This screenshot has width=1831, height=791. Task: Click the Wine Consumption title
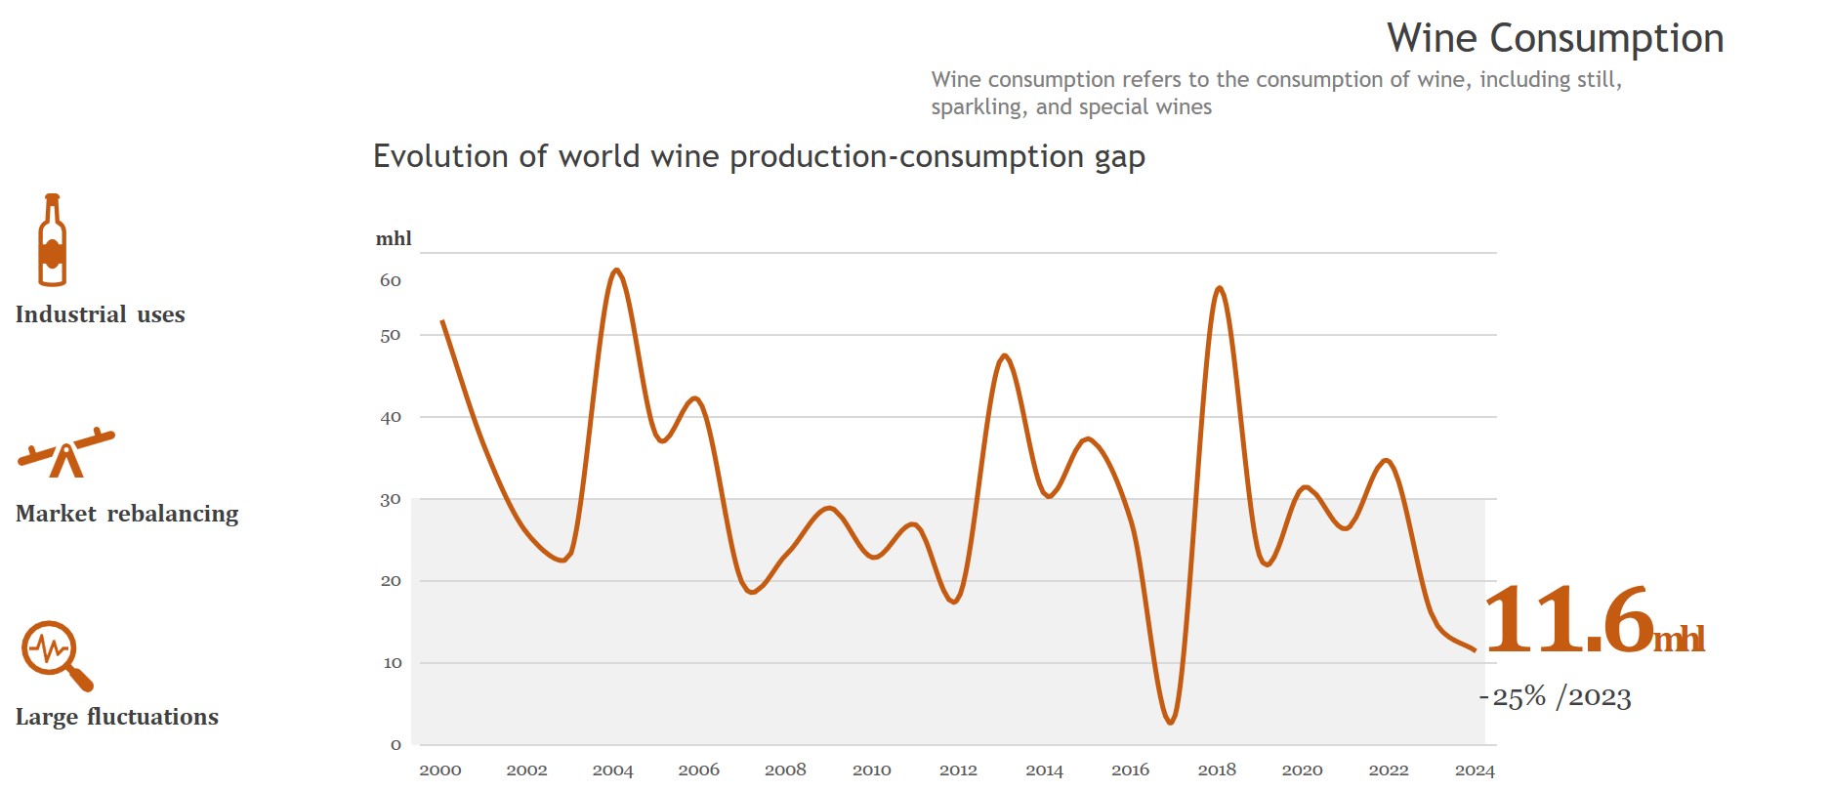(x=1555, y=39)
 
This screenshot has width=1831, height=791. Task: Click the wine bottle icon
(x=53, y=240)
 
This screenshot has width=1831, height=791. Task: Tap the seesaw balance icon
(x=66, y=453)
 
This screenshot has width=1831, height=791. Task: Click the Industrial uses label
(x=100, y=314)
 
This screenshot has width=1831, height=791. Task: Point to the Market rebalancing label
(x=127, y=514)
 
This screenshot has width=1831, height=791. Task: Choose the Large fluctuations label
(x=117, y=717)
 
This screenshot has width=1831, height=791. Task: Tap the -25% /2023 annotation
(x=1555, y=697)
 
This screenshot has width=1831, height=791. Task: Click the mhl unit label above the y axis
(x=394, y=238)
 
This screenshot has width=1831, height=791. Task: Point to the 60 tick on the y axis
(x=391, y=281)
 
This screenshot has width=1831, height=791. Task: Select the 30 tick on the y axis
(x=391, y=500)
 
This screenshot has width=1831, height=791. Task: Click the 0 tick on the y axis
(x=395, y=745)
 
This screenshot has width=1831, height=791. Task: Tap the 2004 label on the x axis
(x=612, y=770)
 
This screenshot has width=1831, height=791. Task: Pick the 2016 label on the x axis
(x=1130, y=770)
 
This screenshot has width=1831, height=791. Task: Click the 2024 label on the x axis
(x=1475, y=770)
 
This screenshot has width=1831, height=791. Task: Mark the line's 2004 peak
(x=615, y=270)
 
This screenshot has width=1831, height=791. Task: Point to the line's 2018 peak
(x=1219, y=288)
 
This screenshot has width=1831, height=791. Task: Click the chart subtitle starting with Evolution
(x=759, y=157)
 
